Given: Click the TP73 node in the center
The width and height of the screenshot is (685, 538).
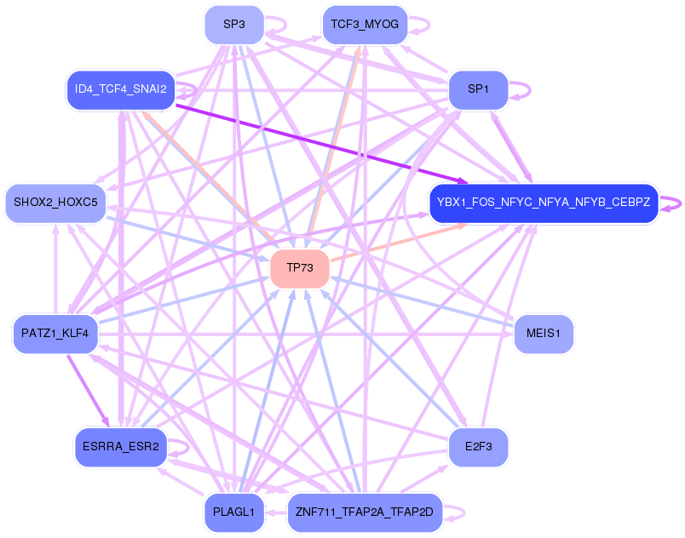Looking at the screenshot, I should pyautogui.click(x=300, y=268).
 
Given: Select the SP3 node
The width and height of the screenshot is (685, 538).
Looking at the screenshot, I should pyautogui.click(x=234, y=25).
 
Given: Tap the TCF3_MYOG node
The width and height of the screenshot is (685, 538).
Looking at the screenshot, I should pyautogui.click(x=365, y=25).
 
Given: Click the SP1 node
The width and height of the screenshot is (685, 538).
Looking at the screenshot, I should pyautogui.click(x=478, y=89).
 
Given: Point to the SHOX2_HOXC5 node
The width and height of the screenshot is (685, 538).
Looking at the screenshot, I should pyautogui.click(x=56, y=203).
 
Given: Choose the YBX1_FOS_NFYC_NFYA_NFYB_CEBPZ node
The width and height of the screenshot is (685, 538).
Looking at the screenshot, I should pyautogui.click(x=544, y=203).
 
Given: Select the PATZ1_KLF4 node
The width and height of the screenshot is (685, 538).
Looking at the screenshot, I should pyautogui.click(x=55, y=332).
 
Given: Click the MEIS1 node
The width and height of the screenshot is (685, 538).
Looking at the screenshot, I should pyautogui.click(x=544, y=332).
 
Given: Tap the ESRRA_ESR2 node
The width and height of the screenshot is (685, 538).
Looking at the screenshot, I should pyautogui.click(x=121, y=447).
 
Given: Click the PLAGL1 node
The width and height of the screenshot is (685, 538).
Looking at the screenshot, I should pyautogui.click(x=234, y=512).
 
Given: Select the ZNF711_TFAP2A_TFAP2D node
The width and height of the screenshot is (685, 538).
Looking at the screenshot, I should pyautogui.click(x=365, y=512).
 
